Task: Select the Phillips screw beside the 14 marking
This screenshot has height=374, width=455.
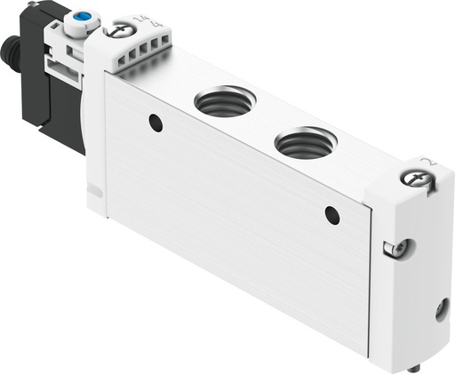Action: tap(119, 31)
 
